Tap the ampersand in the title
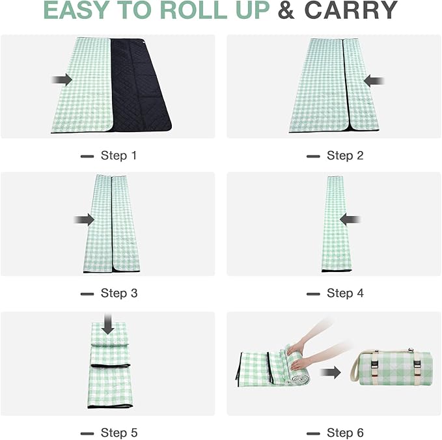[284, 11]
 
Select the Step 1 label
[118, 156]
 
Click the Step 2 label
[344, 156]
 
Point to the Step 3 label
[118, 293]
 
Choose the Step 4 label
[344, 293]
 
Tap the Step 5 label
[118, 433]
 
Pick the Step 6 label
[344, 433]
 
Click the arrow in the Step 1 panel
[62, 79]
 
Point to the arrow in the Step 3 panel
[84, 220]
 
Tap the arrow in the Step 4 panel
[350, 219]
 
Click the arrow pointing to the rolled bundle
[332, 373]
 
